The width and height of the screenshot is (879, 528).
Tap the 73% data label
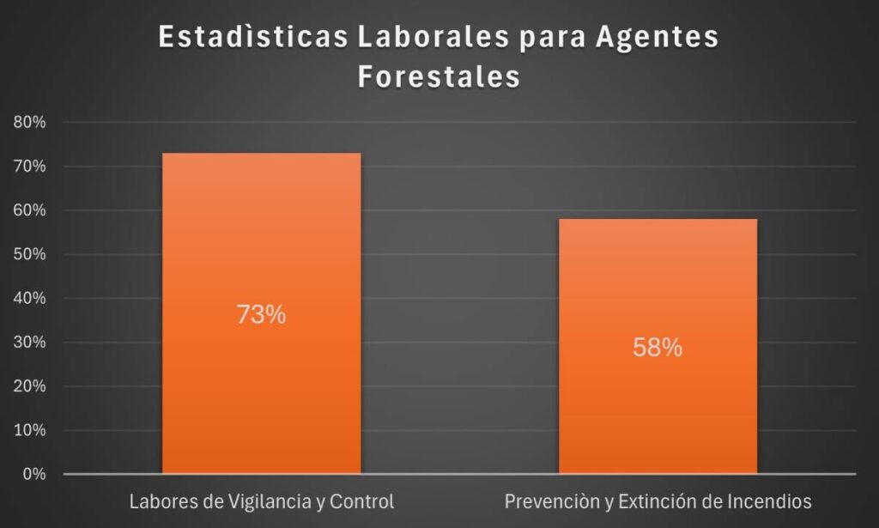pyautogui.click(x=261, y=315)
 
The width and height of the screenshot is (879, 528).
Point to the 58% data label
pyautogui.click(x=658, y=348)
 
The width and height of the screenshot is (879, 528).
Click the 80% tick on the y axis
pyautogui.click(x=30, y=123)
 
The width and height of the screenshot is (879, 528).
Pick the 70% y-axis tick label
pyautogui.click(x=30, y=167)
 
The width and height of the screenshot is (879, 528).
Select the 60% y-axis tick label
pyautogui.click(x=30, y=210)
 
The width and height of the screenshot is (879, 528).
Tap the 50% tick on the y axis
pyautogui.click(x=30, y=255)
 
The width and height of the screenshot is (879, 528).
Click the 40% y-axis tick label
pyautogui.click(x=30, y=299)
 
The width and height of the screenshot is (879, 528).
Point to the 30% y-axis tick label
pyautogui.click(x=30, y=343)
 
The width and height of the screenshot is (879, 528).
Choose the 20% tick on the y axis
pyautogui.click(x=30, y=386)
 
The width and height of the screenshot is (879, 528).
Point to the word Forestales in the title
pyautogui.click(x=439, y=77)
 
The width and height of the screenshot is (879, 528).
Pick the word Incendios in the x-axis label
pyautogui.click(x=767, y=501)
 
